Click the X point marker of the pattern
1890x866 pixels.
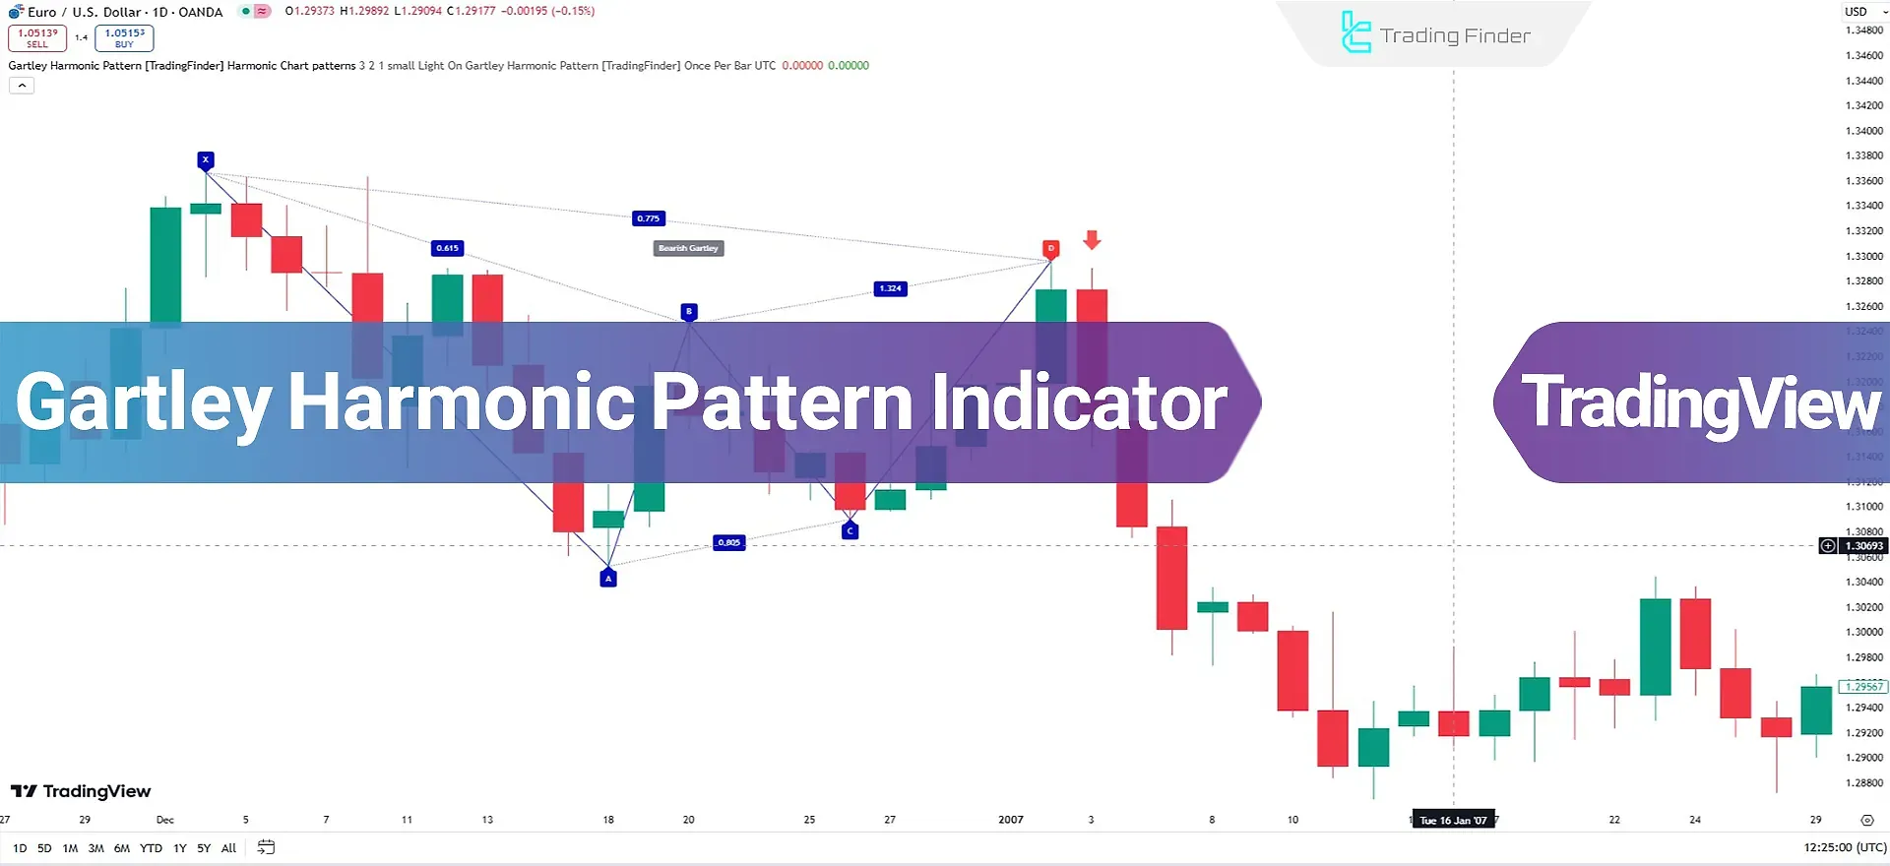click(205, 159)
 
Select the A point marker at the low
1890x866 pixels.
click(608, 579)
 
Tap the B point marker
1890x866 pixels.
click(689, 311)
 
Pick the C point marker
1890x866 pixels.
click(850, 530)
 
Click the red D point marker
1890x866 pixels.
click(1051, 248)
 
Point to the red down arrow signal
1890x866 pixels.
click(1092, 239)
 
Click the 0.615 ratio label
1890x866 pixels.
click(447, 248)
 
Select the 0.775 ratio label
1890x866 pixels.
click(649, 218)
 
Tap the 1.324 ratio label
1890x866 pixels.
click(890, 288)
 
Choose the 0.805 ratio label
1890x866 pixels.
click(728, 542)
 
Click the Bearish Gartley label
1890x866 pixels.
click(688, 248)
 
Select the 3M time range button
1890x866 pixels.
click(95, 848)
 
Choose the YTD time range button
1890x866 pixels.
click(151, 848)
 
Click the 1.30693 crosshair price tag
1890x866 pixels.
click(1863, 546)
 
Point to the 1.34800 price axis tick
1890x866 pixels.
click(1863, 31)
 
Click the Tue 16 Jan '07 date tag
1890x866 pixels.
click(1453, 820)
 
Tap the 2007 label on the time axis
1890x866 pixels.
click(1011, 820)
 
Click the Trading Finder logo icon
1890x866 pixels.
click(1355, 32)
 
